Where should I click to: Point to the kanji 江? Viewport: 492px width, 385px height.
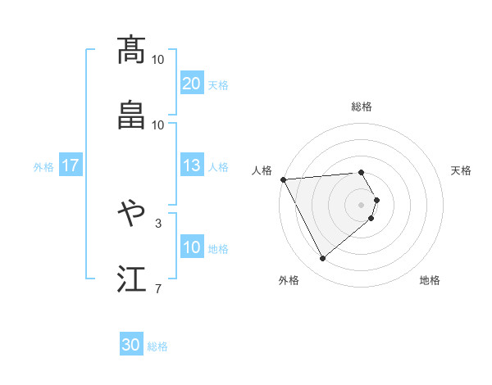click(132, 278)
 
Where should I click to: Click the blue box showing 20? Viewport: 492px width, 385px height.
click(191, 84)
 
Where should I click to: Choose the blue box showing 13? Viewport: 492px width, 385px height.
click(191, 166)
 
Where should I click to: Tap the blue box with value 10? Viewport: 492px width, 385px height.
click(191, 247)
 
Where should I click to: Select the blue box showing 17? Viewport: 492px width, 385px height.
click(71, 166)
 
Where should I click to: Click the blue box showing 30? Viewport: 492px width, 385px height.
click(131, 345)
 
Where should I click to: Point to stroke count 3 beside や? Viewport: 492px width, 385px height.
click(158, 223)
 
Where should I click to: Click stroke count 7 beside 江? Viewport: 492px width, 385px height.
click(158, 288)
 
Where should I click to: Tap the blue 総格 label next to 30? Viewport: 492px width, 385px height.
click(157, 346)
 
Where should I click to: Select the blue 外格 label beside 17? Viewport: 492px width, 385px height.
click(43, 167)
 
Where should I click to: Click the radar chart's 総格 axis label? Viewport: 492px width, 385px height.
click(362, 106)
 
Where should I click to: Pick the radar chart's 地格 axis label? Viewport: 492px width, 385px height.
click(430, 280)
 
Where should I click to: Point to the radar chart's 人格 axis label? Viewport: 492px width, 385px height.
click(262, 170)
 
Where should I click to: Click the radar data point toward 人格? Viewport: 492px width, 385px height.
click(283, 179)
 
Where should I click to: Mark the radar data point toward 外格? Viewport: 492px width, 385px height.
click(322, 259)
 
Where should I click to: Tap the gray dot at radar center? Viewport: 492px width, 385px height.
click(362, 203)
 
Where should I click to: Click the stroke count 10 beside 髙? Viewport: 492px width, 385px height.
click(158, 60)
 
